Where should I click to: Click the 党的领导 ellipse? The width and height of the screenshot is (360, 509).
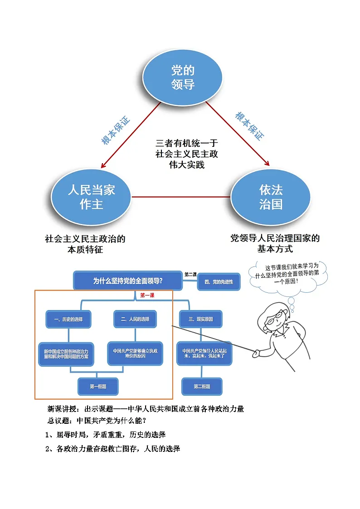[x=183, y=77]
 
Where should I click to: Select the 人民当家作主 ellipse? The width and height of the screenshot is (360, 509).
[x=91, y=197]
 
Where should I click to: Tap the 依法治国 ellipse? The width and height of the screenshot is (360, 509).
[x=271, y=197]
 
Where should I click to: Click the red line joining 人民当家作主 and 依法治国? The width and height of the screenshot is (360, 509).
[x=181, y=197]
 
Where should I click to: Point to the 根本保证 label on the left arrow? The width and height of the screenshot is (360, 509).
[x=115, y=130]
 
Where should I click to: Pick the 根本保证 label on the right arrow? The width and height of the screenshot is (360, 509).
[x=249, y=126]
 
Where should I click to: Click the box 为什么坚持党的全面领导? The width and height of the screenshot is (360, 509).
[x=127, y=281]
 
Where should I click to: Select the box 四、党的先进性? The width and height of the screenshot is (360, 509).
[x=219, y=282]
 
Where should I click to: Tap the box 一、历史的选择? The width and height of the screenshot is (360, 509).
[x=68, y=319]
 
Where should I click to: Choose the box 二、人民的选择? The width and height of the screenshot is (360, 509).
[x=135, y=319]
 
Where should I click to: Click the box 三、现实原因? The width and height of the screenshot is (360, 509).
[x=200, y=319]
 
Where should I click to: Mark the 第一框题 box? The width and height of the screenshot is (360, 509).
[x=98, y=386]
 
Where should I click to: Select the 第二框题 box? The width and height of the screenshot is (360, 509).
[x=202, y=386]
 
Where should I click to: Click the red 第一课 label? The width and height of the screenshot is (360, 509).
[x=147, y=295]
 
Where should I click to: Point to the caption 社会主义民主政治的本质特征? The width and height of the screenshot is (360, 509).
[x=85, y=244]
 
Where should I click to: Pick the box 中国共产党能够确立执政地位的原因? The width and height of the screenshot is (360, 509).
[x=135, y=354]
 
